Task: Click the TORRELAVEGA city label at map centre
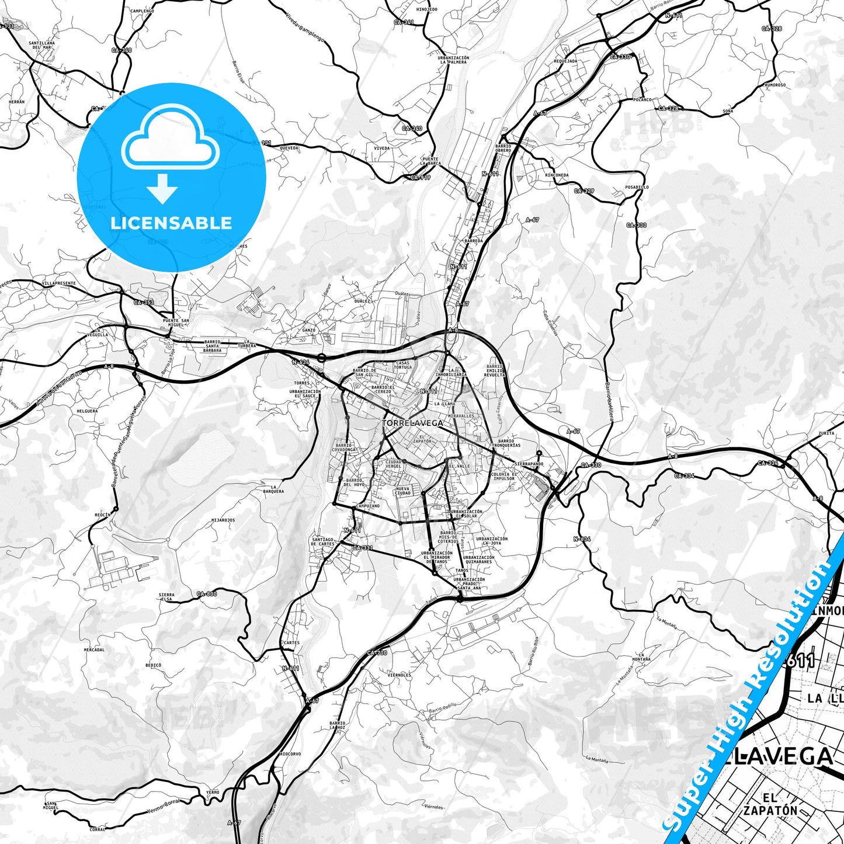412,422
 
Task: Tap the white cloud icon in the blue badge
170,138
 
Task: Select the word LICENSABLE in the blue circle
171,223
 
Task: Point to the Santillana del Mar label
41,45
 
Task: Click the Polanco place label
642,100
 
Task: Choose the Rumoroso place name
775,85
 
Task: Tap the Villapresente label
59,283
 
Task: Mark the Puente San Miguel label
176,322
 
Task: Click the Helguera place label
87,411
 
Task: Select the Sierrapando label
529,464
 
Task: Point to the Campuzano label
367,506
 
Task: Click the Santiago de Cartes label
322,542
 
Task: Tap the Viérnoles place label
399,675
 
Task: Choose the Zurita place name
826,433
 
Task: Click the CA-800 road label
207,594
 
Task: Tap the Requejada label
565,61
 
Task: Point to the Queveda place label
289,148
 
